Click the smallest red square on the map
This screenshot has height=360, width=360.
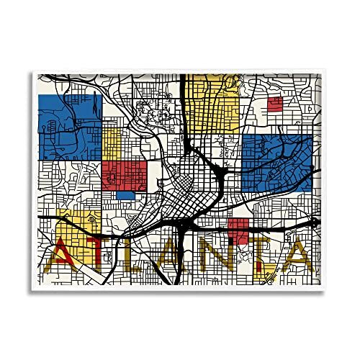[x=275, y=104]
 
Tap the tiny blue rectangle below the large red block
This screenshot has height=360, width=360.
[x=125, y=195]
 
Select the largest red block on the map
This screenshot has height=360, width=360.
[x=125, y=174]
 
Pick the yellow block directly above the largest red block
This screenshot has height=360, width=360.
[x=112, y=144]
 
